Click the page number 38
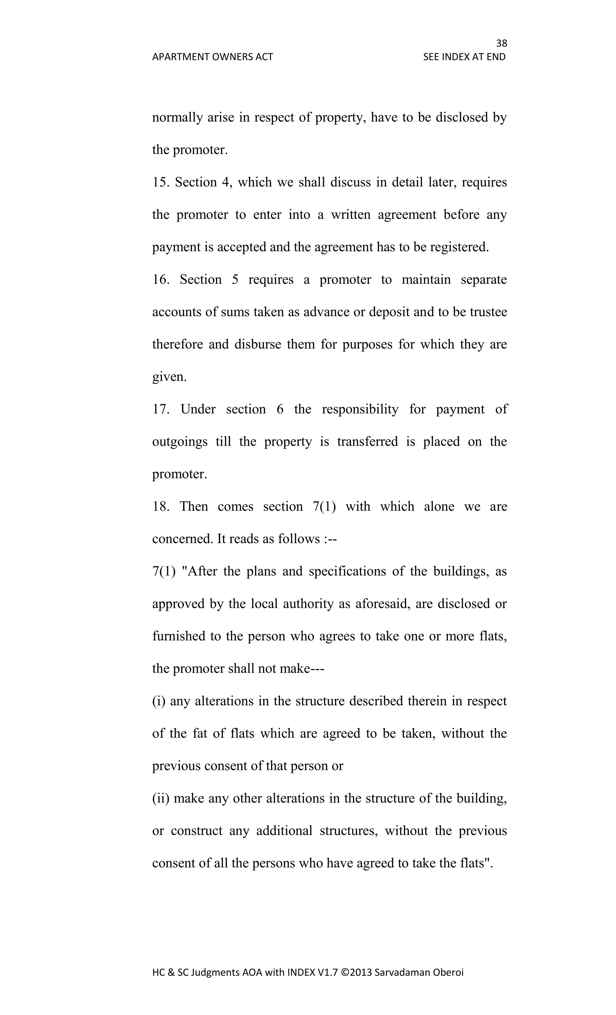coord(501,43)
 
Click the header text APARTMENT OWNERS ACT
coord(212,57)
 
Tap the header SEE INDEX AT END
coord(464,57)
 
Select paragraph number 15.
coord(161,182)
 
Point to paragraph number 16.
coord(161,279)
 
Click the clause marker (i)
coord(159,701)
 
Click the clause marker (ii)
coord(161,798)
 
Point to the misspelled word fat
coord(200,734)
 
